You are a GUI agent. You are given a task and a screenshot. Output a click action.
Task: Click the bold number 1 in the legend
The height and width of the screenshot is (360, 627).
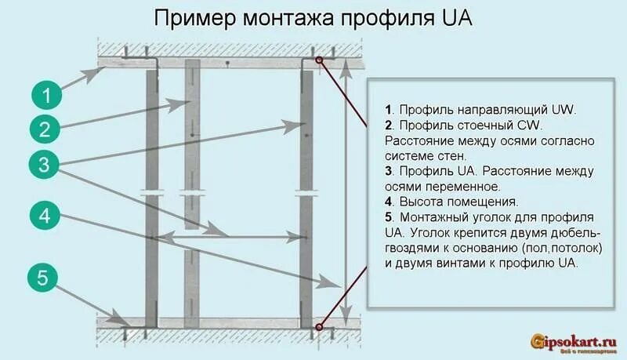pos(388,110)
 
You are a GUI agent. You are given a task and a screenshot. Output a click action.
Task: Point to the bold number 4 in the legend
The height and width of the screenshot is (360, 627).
pos(389,201)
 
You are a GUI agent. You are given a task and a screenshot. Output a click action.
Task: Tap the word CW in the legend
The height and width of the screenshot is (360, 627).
pos(530,125)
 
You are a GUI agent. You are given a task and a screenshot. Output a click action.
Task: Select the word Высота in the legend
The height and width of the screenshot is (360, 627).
pos(422,201)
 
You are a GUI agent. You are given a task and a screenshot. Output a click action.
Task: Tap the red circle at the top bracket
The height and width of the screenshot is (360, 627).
pos(320,60)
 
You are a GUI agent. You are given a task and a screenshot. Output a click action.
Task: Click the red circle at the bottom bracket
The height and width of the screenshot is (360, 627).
pos(320,326)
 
